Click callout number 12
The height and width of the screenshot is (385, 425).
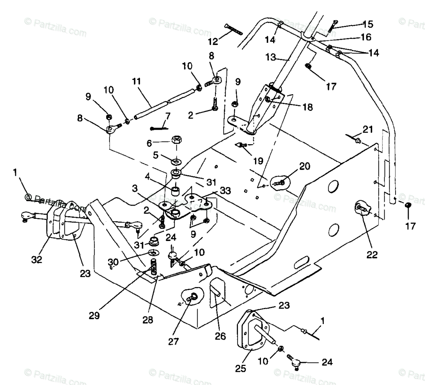(213, 42)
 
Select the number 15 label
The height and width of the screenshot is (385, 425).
(368, 24)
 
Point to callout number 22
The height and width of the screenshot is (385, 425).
(372, 254)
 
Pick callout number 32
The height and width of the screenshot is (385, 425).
(36, 260)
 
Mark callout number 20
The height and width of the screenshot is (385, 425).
(304, 167)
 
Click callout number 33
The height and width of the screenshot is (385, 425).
(225, 191)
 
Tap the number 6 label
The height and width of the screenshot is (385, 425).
(149, 143)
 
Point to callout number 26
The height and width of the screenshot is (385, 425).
(220, 336)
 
